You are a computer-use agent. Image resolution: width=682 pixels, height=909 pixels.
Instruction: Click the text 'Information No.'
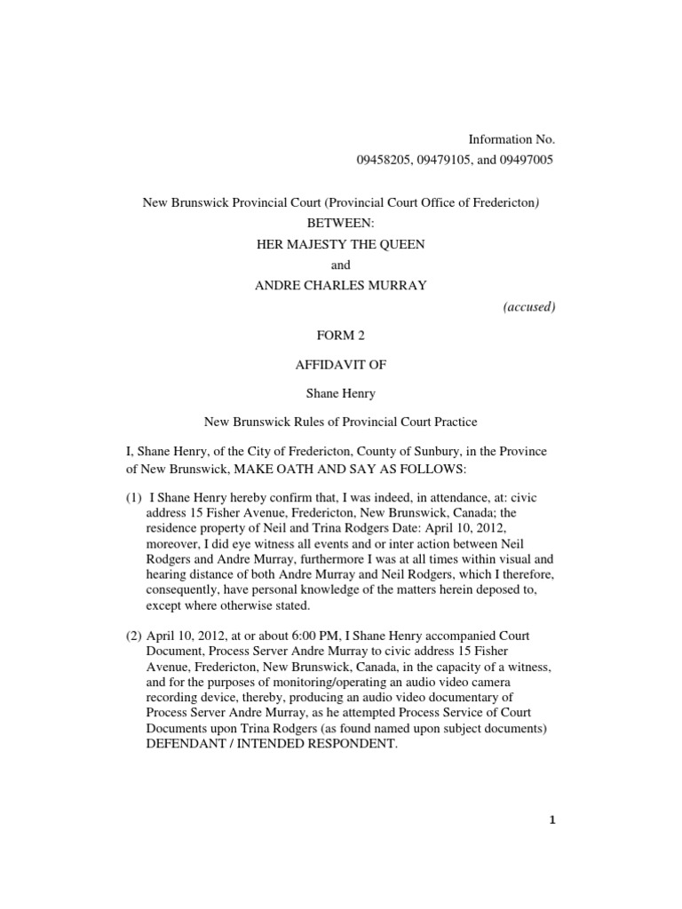511,139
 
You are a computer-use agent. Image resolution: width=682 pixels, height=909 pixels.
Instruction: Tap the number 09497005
523,160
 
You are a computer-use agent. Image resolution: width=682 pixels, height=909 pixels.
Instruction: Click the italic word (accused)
528,307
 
